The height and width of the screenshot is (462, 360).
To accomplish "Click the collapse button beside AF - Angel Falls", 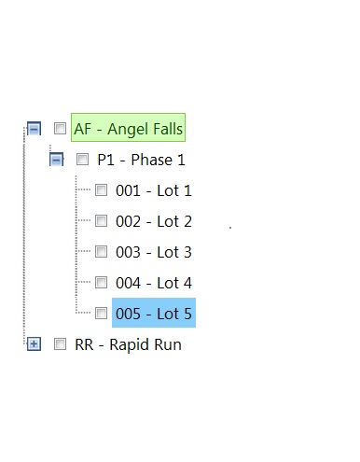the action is (x=34, y=129).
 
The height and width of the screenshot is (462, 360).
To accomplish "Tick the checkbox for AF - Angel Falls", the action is (x=60, y=128).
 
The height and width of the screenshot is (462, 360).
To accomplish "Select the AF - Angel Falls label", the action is (x=128, y=129).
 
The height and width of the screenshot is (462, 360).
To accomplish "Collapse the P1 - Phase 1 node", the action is (x=56, y=160).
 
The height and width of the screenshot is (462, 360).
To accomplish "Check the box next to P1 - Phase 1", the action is (x=82, y=160).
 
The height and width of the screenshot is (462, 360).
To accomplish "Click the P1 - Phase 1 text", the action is (x=141, y=160).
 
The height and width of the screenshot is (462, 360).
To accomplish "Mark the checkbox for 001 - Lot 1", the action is (x=101, y=190).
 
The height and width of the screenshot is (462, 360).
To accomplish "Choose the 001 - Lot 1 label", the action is (x=154, y=190).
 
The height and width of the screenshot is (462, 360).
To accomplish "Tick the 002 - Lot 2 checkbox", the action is (x=101, y=221).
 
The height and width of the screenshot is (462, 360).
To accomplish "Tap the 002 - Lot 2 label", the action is (x=154, y=221).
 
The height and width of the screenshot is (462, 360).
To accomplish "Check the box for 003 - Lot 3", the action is (x=101, y=252).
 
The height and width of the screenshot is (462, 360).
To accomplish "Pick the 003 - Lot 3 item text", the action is (x=154, y=252).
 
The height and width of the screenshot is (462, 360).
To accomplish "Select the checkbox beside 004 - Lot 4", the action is (x=101, y=283).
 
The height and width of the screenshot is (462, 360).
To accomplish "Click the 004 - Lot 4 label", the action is (x=154, y=283).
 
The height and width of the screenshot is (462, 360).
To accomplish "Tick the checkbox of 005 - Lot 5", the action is (x=101, y=314).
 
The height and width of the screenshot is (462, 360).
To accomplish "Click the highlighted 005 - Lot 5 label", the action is (x=154, y=314).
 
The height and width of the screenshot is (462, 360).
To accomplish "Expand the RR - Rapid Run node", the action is (x=34, y=344).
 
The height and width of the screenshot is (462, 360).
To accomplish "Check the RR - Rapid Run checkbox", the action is (x=60, y=344).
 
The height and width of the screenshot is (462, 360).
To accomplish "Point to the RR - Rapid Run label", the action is (x=128, y=345).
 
